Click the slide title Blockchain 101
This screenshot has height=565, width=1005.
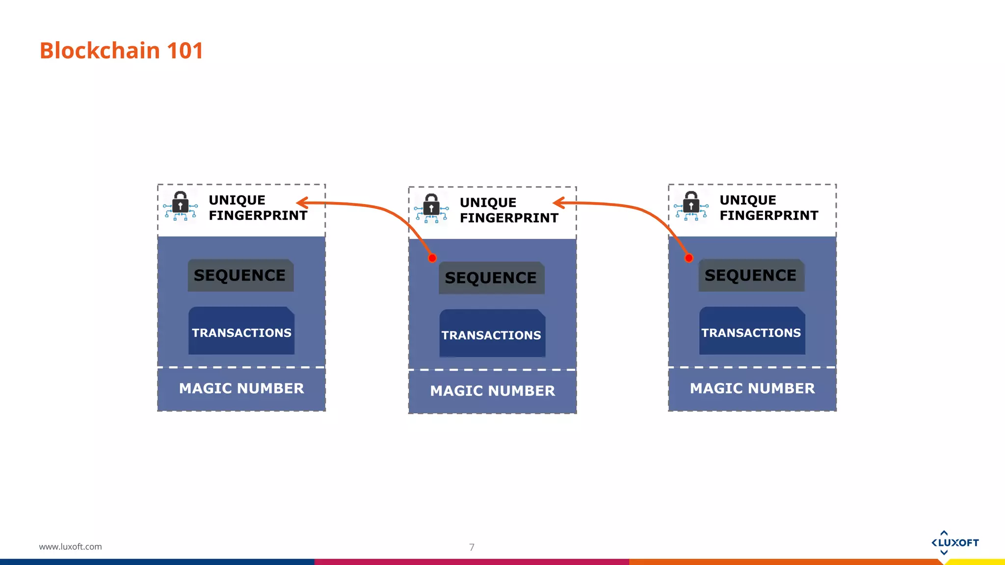[121, 51]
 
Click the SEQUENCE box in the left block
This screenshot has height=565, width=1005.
[240, 276]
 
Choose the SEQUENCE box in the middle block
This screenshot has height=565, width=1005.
[491, 278]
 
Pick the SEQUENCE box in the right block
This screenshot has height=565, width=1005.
[751, 276]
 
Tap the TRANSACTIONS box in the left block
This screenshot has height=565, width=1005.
[241, 332]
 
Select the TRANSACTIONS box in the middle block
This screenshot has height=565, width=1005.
[492, 334]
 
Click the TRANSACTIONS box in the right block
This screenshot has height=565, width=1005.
[752, 332]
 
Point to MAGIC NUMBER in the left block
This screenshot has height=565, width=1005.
[241, 388]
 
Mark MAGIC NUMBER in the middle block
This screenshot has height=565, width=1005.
[493, 391]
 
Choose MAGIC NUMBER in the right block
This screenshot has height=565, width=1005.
[752, 388]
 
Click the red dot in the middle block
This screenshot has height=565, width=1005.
[432, 258]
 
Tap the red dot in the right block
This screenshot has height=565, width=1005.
[689, 258]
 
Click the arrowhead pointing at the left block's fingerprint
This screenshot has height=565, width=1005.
[302, 203]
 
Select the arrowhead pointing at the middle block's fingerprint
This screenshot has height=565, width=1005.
[558, 203]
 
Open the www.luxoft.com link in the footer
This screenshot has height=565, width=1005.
[71, 546]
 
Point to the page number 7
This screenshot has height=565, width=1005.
[472, 547]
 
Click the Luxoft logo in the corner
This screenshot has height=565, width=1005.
[955, 543]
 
